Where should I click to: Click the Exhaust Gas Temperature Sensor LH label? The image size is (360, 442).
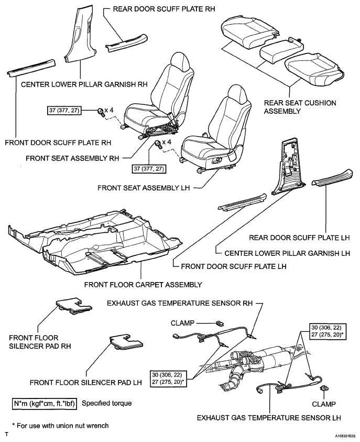tap(269, 418)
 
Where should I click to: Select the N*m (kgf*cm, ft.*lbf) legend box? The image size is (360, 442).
tap(45, 404)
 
